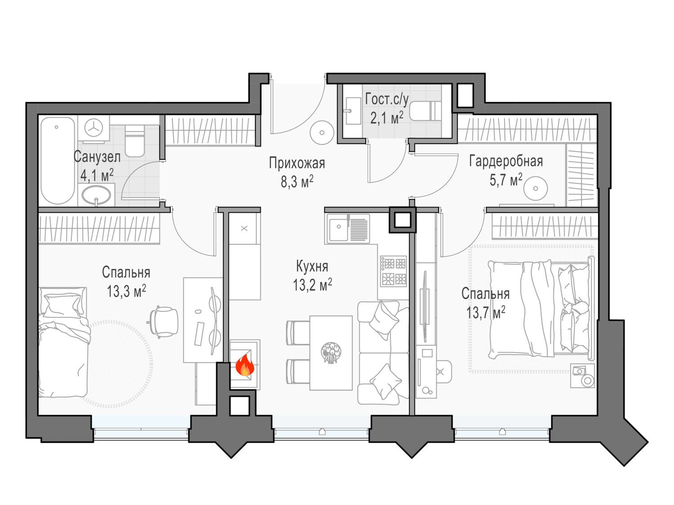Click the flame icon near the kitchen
tap(245, 365)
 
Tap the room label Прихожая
tap(297, 163)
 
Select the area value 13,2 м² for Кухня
tap(312, 285)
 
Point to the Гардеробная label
tap(506, 161)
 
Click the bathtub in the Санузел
tap(58, 160)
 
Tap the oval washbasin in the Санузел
tap(96, 194)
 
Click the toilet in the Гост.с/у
tap(426, 111)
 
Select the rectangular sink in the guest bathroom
tap(353, 111)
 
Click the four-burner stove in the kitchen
tap(393, 272)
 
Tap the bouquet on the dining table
tap(331, 353)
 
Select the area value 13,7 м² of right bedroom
tap(485, 313)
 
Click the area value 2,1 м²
tap(386, 118)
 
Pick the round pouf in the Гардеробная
tap(536, 188)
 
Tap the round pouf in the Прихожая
tap(322, 132)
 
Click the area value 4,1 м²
tap(97, 176)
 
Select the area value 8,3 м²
tap(297, 182)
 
